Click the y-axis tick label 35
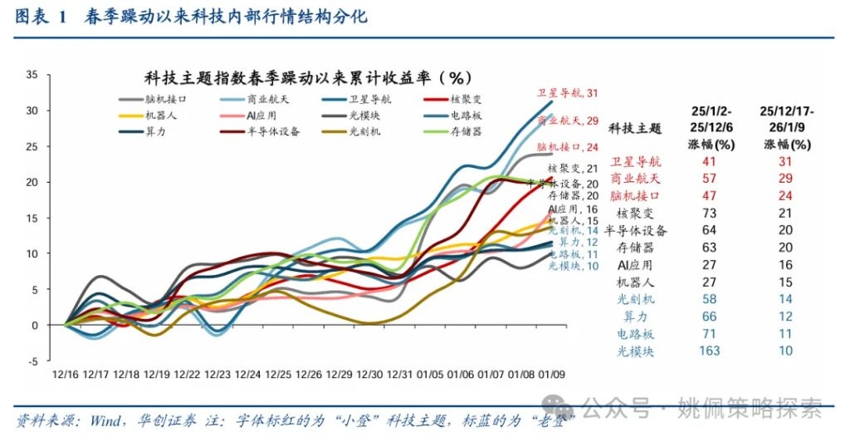[32, 75]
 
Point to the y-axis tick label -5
[33, 361]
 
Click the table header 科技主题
[636, 128]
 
